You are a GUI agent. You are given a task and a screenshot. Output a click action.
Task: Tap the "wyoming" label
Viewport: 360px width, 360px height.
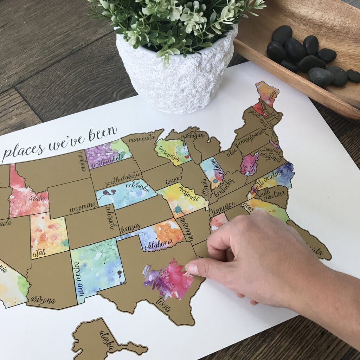[x=83, y=207]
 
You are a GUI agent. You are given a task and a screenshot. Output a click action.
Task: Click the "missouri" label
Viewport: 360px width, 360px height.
[x=189, y=194]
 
